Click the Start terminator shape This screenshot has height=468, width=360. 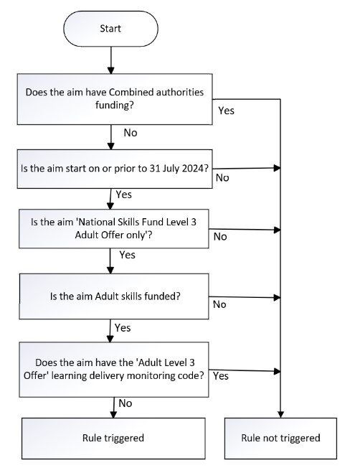(110, 29)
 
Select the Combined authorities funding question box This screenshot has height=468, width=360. (115, 99)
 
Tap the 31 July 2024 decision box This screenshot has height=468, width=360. (115, 169)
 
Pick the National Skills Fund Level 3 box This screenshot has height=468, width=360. (114, 229)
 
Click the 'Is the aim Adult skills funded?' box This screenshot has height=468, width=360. (114, 296)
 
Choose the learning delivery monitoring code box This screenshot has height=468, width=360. (114, 370)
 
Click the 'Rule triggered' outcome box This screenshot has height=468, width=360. (113, 438)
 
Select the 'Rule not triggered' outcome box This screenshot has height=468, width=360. (280, 438)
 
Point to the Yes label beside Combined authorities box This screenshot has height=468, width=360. (226, 111)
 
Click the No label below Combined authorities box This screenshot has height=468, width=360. (131, 133)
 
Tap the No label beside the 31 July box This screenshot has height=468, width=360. (222, 177)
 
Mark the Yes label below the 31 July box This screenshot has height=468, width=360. (124, 195)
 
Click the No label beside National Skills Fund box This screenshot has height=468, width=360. (220, 237)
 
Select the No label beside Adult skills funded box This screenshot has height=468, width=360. (219, 304)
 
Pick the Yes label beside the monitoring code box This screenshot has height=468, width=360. (221, 376)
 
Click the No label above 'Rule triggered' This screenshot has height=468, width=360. (125, 403)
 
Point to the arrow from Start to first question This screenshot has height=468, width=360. (111, 60)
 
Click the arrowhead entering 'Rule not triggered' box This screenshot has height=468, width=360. (280, 414)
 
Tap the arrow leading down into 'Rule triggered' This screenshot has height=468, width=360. (113, 408)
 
